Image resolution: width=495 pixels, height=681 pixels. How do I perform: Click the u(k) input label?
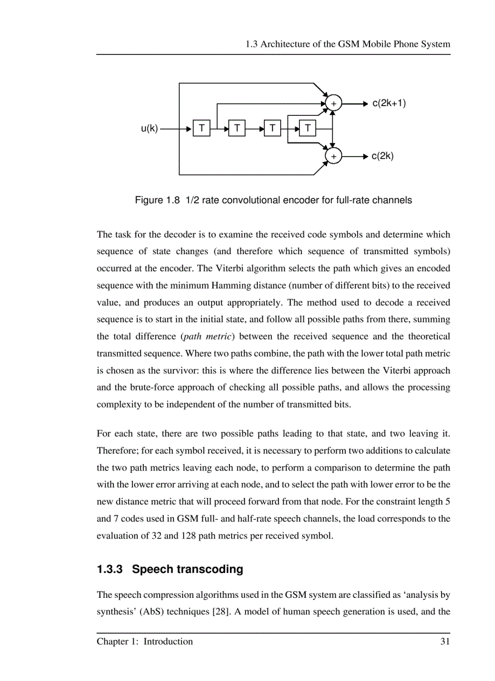(x=149, y=129)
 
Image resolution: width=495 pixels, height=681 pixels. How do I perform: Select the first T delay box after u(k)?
(x=201, y=129)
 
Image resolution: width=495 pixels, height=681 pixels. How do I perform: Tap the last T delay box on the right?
(x=308, y=129)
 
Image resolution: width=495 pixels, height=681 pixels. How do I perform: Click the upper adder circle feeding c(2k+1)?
(x=333, y=104)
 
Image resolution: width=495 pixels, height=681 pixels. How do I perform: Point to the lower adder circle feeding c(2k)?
(x=333, y=156)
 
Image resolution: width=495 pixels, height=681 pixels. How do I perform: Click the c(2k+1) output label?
(x=389, y=103)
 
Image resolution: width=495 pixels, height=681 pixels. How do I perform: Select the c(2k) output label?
(x=383, y=156)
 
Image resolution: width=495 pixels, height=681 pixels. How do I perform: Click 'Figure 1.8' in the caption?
(x=157, y=200)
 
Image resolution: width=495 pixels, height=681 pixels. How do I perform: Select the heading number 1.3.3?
(x=110, y=569)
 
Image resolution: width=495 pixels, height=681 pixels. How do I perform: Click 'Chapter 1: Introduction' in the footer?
(x=144, y=642)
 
